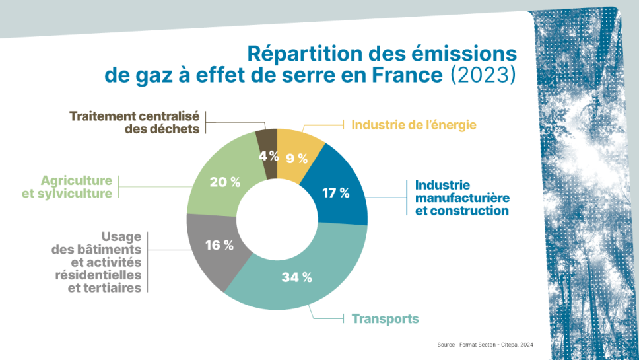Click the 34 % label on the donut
click(296, 277)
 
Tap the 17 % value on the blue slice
click(335, 193)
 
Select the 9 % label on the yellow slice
click(297, 158)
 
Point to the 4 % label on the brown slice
click(268, 156)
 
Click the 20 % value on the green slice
click(225, 182)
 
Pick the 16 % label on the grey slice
click(219, 245)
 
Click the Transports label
click(385, 319)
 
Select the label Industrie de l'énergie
click(414, 124)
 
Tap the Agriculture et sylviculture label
click(77, 186)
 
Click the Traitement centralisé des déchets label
click(134, 122)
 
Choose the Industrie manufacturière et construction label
click(457, 198)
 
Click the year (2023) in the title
click(482, 74)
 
